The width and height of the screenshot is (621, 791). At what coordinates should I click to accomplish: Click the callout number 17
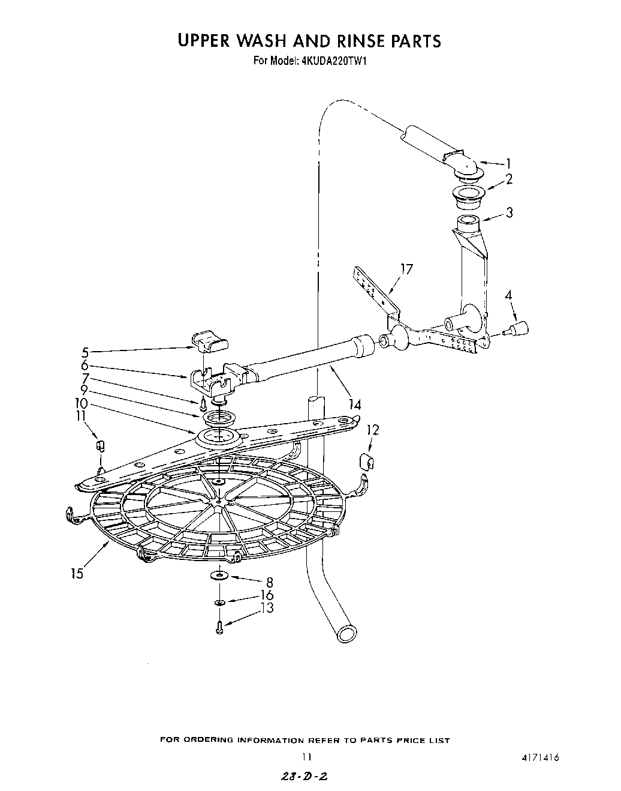[x=406, y=269]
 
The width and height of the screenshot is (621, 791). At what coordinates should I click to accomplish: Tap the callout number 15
[x=77, y=574]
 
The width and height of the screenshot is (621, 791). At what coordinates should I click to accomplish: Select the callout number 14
[x=355, y=405]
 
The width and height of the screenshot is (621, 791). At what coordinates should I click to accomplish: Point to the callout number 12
[x=373, y=430]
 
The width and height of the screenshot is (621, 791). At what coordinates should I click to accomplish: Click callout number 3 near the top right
[x=509, y=212]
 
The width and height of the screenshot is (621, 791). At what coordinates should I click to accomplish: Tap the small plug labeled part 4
[x=520, y=328]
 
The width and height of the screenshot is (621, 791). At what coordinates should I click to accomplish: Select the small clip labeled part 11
[x=101, y=446]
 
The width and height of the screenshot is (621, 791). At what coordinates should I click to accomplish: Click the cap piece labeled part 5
[x=210, y=341]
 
